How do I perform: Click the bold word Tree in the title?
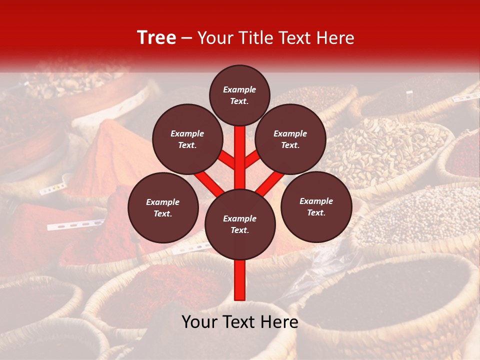pyautogui.click(x=156, y=38)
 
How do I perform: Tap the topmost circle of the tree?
pyautogui.click(x=239, y=95)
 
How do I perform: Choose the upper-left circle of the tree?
pyautogui.click(x=187, y=139)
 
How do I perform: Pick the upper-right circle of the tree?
pyautogui.click(x=290, y=139)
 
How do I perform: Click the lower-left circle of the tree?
pyautogui.click(x=163, y=207)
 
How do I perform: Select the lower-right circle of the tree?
pyautogui.click(x=316, y=206)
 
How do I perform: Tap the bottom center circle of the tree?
pyautogui.click(x=240, y=224)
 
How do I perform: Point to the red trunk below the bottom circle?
pyautogui.click(x=240, y=280)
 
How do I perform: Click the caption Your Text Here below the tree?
pyautogui.click(x=240, y=322)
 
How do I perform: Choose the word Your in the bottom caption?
pyautogui.click(x=199, y=322)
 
